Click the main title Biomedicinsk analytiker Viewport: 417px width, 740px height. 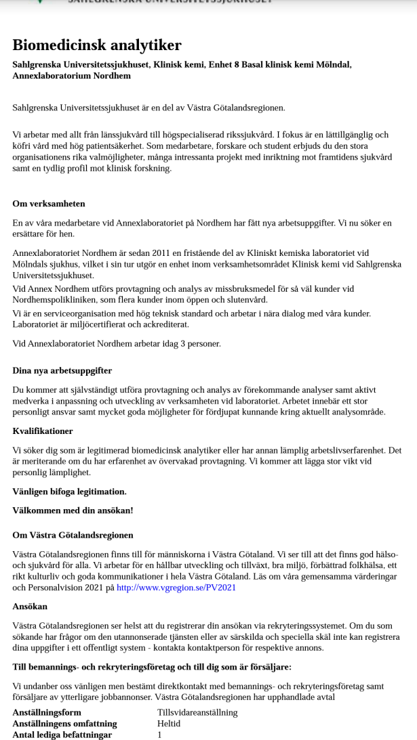click(x=97, y=45)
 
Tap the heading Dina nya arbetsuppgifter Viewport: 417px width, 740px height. click(x=62, y=370)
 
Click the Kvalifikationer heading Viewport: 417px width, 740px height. click(x=43, y=431)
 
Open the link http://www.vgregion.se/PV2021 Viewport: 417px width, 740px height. click(x=176, y=588)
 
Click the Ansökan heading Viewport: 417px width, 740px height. click(x=30, y=607)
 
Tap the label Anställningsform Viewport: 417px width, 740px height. click(x=47, y=712)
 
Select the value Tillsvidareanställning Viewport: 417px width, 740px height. click(x=197, y=712)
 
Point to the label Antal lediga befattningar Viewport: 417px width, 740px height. click(x=62, y=735)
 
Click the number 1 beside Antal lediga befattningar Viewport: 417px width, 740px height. click(x=160, y=735)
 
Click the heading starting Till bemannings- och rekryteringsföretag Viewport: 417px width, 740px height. click(x=152, y=667)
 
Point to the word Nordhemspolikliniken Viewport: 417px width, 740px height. click(x=54, y=300)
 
